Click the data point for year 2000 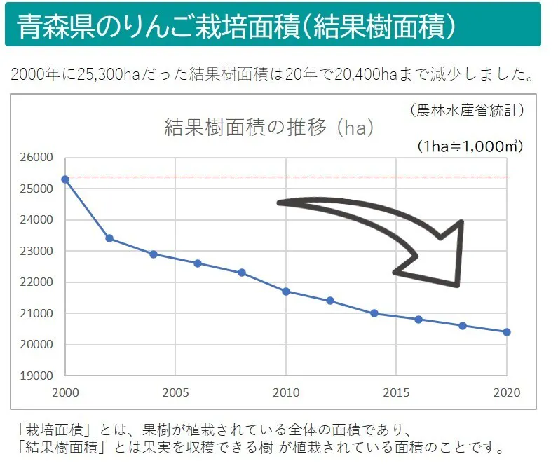pos(65,179)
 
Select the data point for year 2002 pos(109,238)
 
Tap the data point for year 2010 pos(286,291)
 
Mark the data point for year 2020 pos(507,331)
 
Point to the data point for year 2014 pos(374,313)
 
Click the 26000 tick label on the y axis pos(39,158)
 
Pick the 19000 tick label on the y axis pos(39,376)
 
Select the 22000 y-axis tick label pos(39,282)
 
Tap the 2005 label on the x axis pos(176,392)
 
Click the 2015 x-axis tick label pos(397,392)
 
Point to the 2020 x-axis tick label pos(507,392)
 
